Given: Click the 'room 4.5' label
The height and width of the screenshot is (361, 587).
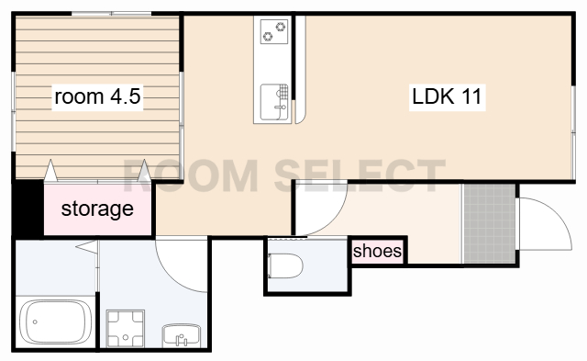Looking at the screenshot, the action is click(x=97, y=96).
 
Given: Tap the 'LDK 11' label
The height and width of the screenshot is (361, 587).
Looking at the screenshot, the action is click(x=447, y=96).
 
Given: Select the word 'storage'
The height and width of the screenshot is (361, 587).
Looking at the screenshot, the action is click(x=97, y=209).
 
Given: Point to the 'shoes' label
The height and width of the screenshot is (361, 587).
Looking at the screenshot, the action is click(x=377, y=251).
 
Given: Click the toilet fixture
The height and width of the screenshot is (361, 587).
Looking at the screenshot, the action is click(x=285, y=265).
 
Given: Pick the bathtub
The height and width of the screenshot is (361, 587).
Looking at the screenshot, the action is click(x=55, y=322).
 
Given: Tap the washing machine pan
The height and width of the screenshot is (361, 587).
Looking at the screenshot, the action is click(x=126, y=328).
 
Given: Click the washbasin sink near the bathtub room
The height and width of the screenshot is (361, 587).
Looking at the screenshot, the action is click(x=182, y=336).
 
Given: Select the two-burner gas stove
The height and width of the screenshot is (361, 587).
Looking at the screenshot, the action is click(x=274, y=32).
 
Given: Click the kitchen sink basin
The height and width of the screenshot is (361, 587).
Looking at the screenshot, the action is click(x=274, y=102).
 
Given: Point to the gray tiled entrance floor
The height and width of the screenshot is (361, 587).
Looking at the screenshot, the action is click(x=489, y=223).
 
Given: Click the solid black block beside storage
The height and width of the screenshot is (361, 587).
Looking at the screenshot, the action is click(x=28, y=208).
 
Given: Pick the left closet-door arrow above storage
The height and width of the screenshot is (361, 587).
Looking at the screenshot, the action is click(x=50, y=171).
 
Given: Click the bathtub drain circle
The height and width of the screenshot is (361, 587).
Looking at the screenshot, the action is click(x=35, y=322).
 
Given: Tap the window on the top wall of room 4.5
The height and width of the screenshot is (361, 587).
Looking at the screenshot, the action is click(x=111, y=14).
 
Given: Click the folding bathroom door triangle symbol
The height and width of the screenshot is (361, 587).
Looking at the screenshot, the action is click(x=87, y=247).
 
